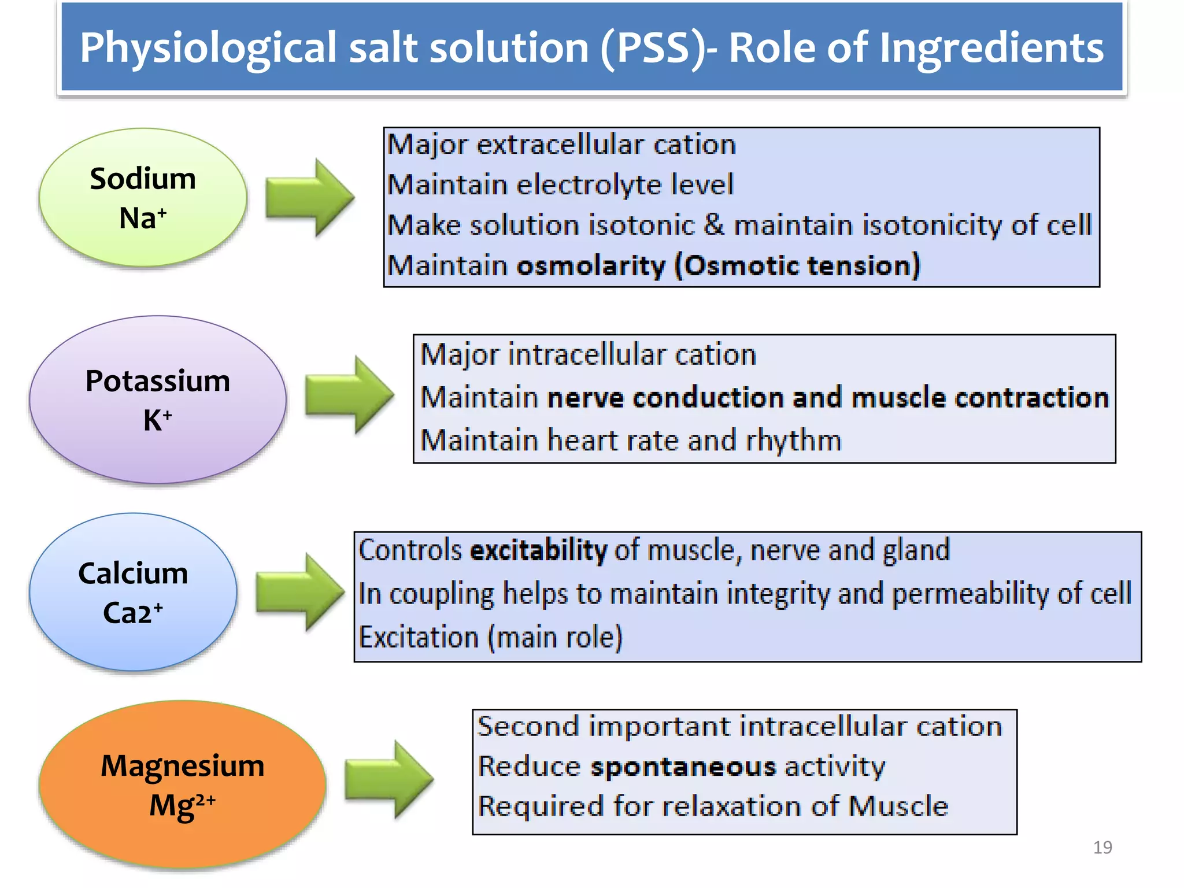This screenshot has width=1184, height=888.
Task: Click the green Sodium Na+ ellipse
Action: coord(143,197)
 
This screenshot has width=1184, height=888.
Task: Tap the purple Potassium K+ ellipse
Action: coord(158,399)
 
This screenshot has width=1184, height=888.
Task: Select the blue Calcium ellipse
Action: coord(133,592)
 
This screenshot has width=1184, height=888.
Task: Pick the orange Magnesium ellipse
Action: coord(182,785)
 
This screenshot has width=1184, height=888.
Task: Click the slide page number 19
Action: coord(1102,848)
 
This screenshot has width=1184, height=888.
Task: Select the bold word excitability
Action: coord(538,550)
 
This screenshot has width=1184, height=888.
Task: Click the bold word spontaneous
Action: coord(683,767)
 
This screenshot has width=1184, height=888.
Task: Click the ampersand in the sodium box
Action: coord(714,224)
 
